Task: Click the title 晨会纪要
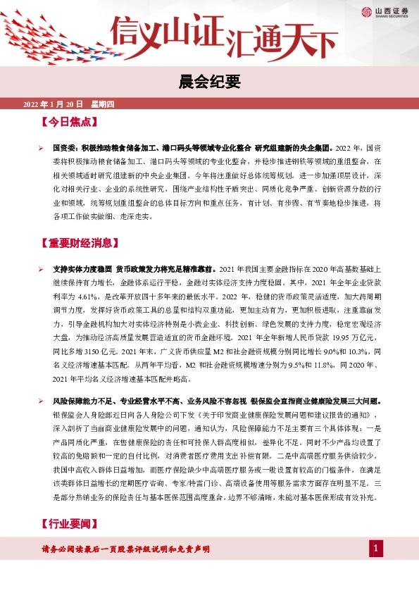coord(209,81)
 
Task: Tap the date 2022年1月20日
coord(54,104)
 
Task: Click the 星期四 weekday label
coord(101,104)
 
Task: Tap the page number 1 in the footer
coord(376,549)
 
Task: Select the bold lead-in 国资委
coord(64,149)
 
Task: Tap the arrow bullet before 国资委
coord(41,149)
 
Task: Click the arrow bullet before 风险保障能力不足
coord(41,401)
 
